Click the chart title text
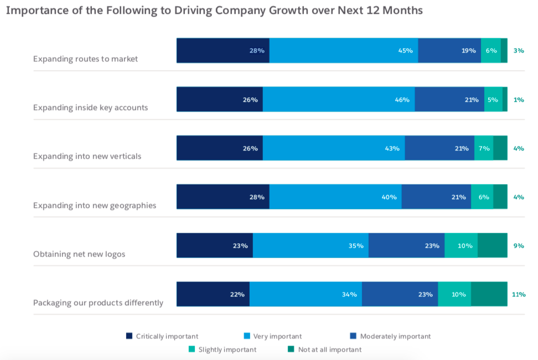coord(214,11)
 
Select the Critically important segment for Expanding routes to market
coord(223,50)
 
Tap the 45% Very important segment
coord(343,50)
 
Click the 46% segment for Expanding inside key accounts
coord(338,100)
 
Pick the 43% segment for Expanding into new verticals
coord(333,148)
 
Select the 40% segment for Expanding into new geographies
coord(335,197)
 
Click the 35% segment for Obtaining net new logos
coord(310,246)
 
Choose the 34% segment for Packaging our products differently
coord(306,294)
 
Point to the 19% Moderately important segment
coord(449,50)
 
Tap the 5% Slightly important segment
coord(493,100)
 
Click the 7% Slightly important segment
coord(483,148)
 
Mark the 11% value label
coord(519,294)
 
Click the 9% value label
coord(519,246)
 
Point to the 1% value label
coord(519,100)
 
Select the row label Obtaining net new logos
coord(79,254)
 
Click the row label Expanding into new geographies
coord(95,206)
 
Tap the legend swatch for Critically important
coord(130,336)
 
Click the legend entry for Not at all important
coord(329,349)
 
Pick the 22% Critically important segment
coord(213,294)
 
